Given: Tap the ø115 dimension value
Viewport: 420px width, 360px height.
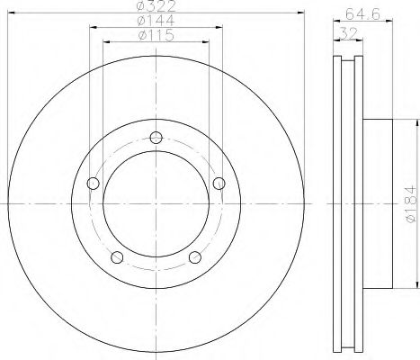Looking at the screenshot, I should [156, 38].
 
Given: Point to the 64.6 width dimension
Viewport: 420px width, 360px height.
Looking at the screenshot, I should [359, 13].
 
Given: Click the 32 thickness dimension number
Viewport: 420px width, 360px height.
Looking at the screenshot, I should [345, 32].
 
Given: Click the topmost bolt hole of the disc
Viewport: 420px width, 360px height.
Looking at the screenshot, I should [156, 138].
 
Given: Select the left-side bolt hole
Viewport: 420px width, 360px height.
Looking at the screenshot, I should [92, 184].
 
